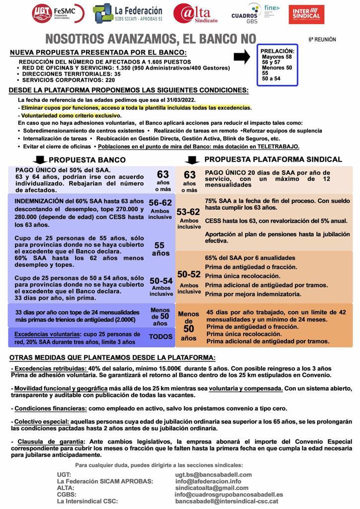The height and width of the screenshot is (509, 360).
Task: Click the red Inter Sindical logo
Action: [306, 14]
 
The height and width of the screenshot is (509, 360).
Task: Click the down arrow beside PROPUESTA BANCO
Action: [39, 160]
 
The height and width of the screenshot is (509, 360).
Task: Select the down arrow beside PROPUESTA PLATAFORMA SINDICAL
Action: [191, 160]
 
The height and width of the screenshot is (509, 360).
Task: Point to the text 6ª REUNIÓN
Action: [322, 39]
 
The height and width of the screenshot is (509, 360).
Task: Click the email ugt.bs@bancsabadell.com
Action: [213, 475]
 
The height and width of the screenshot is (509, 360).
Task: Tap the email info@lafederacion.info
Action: [208, 481]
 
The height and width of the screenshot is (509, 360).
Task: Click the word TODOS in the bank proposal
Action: [161, 337]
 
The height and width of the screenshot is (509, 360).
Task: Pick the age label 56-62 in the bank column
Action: [160, 203]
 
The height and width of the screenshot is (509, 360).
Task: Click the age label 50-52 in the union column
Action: [189, 274]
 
